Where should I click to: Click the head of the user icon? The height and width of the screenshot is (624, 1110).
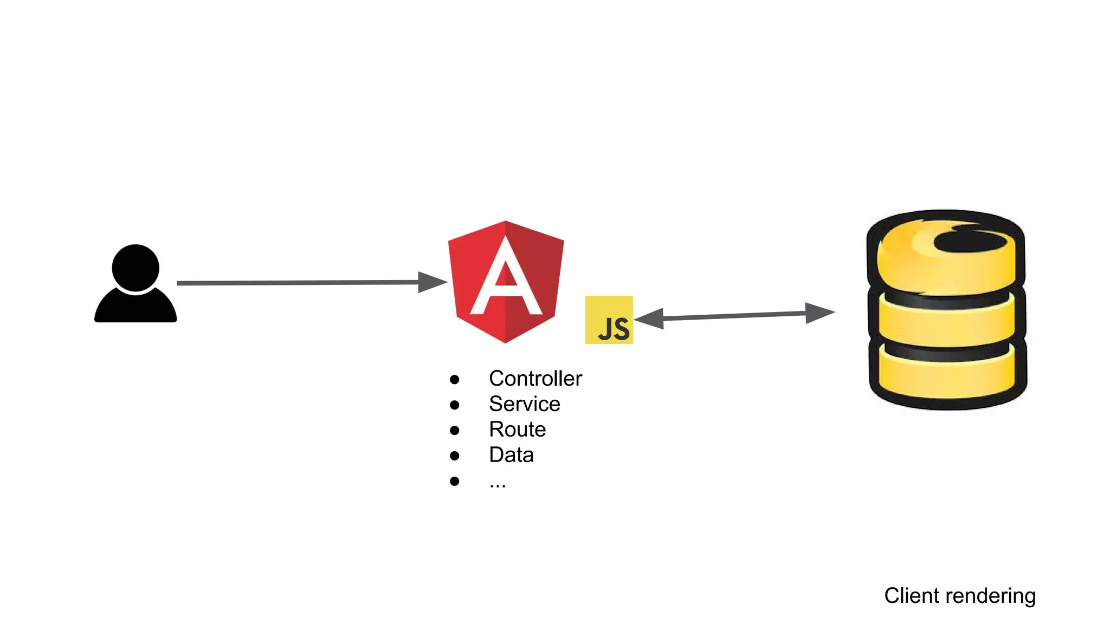pyautogui.click(x=135, y=268)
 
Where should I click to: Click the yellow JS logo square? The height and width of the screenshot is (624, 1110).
pyautogui.click(x=609, y=320)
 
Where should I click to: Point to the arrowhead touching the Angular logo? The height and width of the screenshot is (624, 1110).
pyautogui.click(x=432, y=282)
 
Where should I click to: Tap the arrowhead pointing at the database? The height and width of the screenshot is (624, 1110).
pyautogui.click(x=819, y=313)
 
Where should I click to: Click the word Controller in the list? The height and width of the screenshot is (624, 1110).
pyautogui.click(x=535, y=379)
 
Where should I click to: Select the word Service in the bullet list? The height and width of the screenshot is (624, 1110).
pyautogui.click(x=524, y=404)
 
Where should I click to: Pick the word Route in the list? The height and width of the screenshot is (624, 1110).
pyautogui.click(x=517, y=430)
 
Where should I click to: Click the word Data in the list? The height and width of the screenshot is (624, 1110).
pyautogui.click(x=511, y=455)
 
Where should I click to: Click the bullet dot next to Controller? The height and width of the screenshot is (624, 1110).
pyautogui.click(x=455, y=380)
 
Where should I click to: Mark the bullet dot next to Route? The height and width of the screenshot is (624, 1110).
pyautogui.click(x=455, y=431)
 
